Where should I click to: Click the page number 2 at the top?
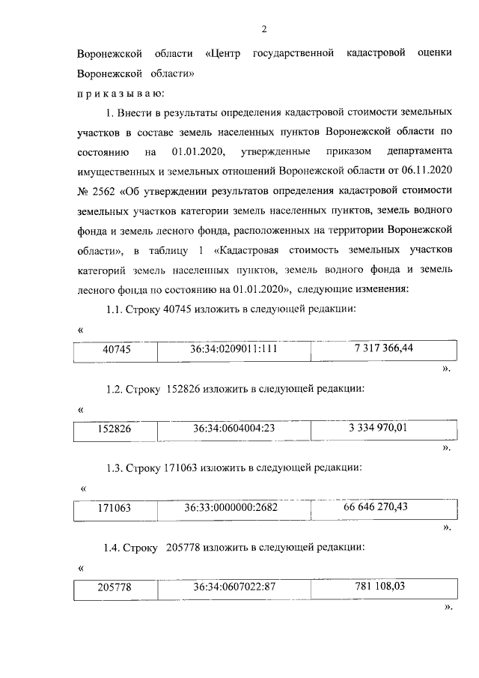coord(263,29)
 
